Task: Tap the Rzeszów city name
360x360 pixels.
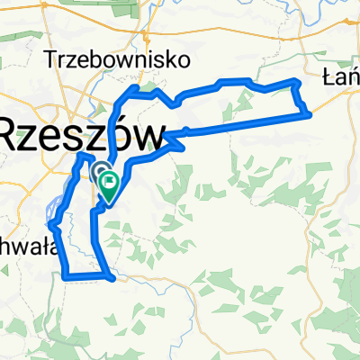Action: click(81, 137)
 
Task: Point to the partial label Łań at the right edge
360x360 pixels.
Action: click(340, 78)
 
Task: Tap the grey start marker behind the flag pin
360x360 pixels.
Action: click(97, 172)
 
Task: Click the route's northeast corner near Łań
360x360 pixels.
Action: click(295, 81)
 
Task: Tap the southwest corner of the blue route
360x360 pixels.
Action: click(66, 277)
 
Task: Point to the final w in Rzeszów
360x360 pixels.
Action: click(150, 138)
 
